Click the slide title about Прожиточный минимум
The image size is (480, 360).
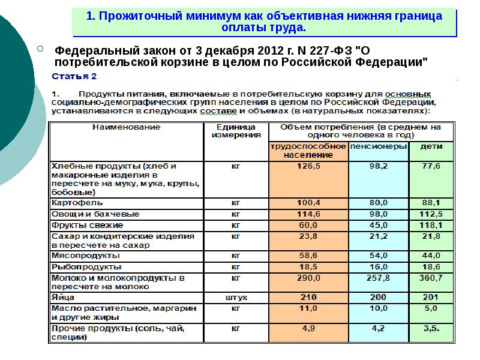tap(265, 22)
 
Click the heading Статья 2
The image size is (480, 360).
tap(74, 77)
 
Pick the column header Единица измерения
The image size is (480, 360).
tap(235, 131)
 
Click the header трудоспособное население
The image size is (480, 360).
tap(308, 151)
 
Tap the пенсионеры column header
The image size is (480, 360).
tap(379, 146)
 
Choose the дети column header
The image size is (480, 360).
tap(428, 146)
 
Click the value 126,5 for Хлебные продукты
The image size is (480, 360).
tap(308, 166)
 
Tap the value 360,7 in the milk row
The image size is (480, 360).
tap(429, 278)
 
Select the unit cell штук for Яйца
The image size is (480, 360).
tap(236, 297)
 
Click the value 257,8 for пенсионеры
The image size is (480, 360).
tap(378, 278)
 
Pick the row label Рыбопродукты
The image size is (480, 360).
tap(79, 266)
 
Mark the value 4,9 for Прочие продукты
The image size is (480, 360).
tap(308, 328)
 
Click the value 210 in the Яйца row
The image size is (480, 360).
tap(308, 297)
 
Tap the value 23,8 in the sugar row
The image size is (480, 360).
tap(308, 236)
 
